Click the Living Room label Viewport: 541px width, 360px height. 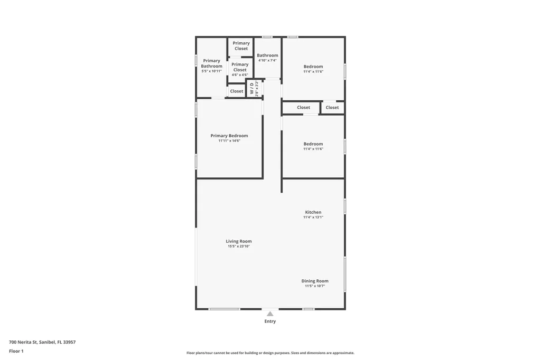click(239, 241)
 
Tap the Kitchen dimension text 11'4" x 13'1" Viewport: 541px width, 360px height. click(313, 217)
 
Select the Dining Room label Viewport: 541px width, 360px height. click(315, 281)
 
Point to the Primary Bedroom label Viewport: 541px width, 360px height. click(229, 136)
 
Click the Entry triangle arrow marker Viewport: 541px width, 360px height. click(270, 314)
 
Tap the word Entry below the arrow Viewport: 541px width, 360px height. click(270, 321)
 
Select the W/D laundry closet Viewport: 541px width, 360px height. click(254, 88)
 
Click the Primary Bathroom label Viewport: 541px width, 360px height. click(212, 63)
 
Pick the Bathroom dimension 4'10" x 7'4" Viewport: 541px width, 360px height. click(267, 61)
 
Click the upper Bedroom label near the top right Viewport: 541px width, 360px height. click(313, 67)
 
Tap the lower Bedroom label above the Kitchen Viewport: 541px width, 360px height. click(313, 144)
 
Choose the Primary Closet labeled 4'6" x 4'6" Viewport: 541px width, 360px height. click(240, 69)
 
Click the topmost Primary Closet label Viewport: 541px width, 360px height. click(241, 46)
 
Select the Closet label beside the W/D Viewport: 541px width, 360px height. click(237, 91)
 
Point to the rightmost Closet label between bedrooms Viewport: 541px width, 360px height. click(332, 107)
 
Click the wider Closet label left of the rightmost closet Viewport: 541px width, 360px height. click(303, 107)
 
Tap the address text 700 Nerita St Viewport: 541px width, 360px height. click(42, 342)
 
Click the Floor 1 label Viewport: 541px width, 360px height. click(16, 351)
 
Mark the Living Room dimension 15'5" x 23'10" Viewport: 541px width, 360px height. click(239, 246)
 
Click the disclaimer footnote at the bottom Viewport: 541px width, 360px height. click(270, 353)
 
